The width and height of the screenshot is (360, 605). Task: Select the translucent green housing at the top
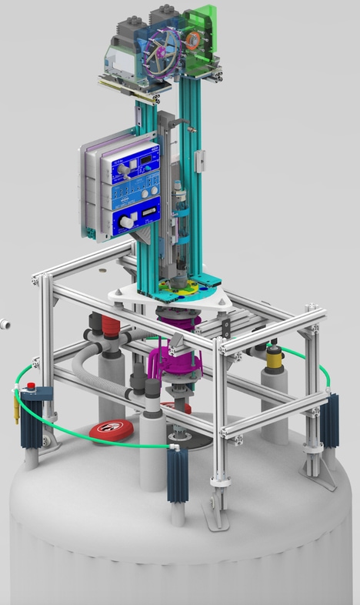(202, 35)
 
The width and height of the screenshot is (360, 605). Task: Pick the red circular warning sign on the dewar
(112, 430)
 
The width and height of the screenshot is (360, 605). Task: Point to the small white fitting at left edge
(4, 323)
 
